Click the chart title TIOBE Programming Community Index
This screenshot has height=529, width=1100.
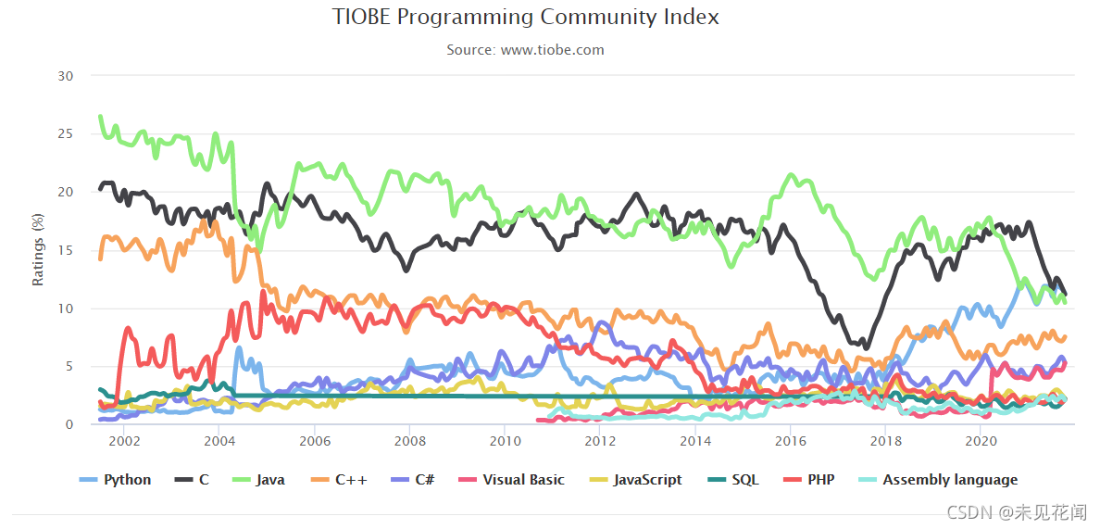pyautogui.click(x=525, y=18)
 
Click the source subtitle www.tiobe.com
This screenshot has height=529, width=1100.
pyautogui.click(x=525, y=50)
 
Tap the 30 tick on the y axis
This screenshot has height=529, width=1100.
pyautogui.click(x=65, y=76)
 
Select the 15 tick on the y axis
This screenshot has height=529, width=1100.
pyautogui.click(x=65, y=250)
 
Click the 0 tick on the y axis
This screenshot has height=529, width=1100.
pyautogui.click(x=69, y=424)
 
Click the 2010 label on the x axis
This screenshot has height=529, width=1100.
pyautogui.click(x=505, y=442)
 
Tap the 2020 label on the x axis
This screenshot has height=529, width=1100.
pyautogui.click(x=981, y=442)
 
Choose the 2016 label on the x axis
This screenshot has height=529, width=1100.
pyautogui.click(x=790, y=442)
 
